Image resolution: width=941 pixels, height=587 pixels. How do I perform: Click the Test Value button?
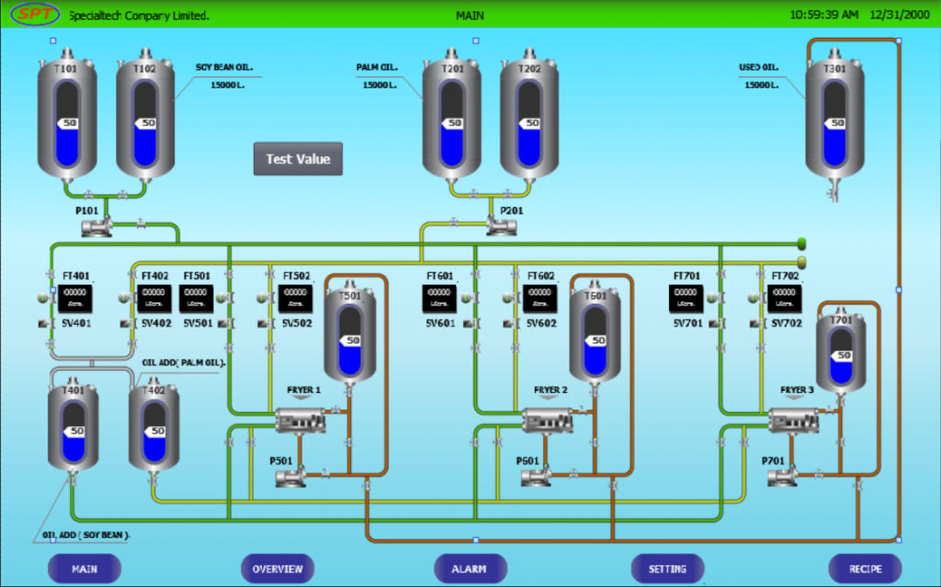click(298, 159)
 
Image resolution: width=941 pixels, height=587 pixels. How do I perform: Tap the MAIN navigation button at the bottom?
click(85, 569)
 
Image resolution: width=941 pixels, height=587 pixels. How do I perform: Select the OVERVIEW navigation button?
click(278, 569)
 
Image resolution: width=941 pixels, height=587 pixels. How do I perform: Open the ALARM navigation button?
click(470, 569)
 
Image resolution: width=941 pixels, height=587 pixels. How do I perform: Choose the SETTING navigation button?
click(667, 569)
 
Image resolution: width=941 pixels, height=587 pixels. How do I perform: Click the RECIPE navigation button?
click(865, 569)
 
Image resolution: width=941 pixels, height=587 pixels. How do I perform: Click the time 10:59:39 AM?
click(823, 15)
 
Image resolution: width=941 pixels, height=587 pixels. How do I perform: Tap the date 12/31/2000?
click(900, 15)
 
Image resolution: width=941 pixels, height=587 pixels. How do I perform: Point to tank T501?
click(350, 334)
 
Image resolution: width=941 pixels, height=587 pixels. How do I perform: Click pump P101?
click(97, 224)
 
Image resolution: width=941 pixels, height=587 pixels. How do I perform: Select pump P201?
click(501, 224)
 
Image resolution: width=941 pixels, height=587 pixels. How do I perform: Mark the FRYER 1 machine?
click(303, 420)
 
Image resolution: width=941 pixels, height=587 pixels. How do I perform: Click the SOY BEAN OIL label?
click(223, 67)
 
